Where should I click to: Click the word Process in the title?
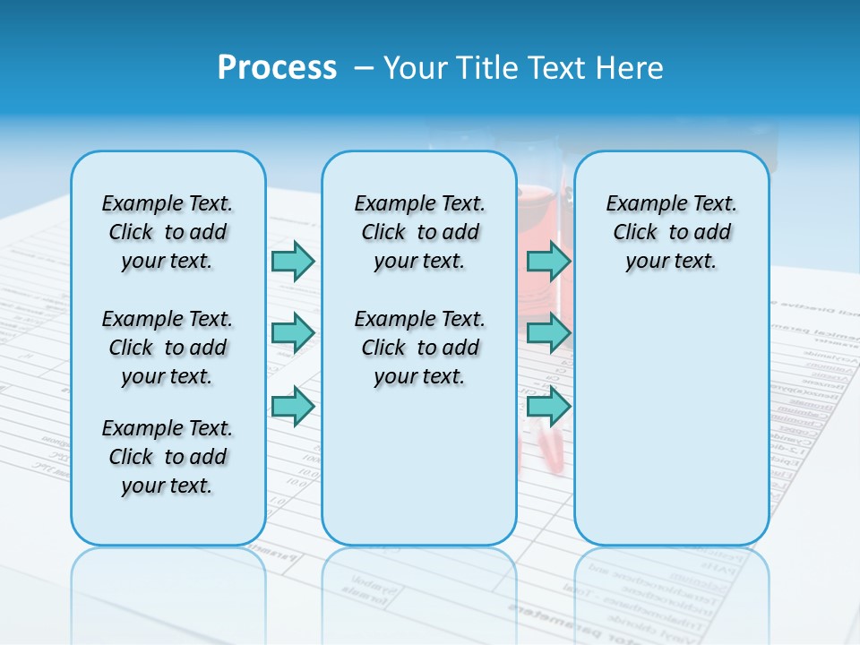(277, 68)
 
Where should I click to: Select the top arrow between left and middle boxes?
(293, 261)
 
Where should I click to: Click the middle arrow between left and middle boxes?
(293, 333)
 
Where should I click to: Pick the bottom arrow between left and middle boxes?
(293, 406)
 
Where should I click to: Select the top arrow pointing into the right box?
(548, 261)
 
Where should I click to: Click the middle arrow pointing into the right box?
(548, 333)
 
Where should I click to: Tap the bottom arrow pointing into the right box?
(548, 406)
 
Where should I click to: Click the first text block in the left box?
(168, 232)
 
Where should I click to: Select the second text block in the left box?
(168, 348)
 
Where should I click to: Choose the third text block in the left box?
(168, 457)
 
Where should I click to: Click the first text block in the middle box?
(419, 232)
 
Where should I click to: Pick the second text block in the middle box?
(419, 348)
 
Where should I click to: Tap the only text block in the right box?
(671, 232)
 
